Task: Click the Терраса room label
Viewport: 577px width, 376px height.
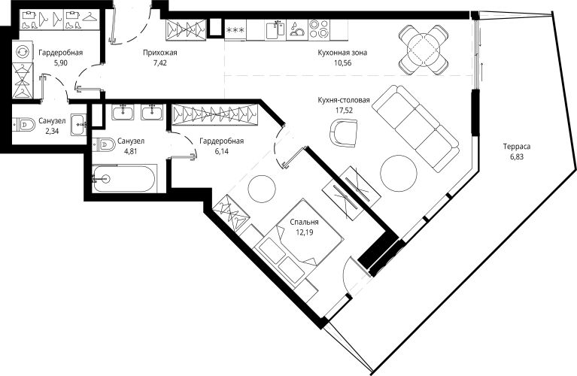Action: pos(517,147)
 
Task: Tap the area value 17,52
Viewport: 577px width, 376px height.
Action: pos(344,110)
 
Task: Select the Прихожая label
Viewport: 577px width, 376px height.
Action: pos(160,53)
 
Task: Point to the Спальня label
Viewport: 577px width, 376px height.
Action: pos(304,222)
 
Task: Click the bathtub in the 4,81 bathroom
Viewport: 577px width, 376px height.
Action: pos(123,178)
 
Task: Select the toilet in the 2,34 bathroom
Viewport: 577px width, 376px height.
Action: pos(23,125)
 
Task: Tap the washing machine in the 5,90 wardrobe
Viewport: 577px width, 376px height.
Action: pos(23,51)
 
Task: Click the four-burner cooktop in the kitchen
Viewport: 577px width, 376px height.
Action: pos(319,29)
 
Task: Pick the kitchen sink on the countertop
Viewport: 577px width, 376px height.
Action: pos(275,29)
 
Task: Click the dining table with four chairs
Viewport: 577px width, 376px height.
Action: pos(424,50)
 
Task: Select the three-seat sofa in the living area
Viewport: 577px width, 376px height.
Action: pos(415,129)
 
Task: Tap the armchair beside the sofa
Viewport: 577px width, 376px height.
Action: pos(344,133)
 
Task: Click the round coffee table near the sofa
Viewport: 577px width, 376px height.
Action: pos(399,173)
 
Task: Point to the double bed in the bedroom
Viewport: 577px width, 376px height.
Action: pos(298,243)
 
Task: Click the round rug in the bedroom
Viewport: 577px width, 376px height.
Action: pos(262,188)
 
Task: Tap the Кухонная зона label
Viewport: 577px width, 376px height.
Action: pos(342,53)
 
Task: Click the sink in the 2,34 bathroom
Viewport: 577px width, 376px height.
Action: pos(78,124)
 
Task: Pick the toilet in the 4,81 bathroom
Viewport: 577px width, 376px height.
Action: pos(104,144)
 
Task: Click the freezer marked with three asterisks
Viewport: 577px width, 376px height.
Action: pos(235,29)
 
